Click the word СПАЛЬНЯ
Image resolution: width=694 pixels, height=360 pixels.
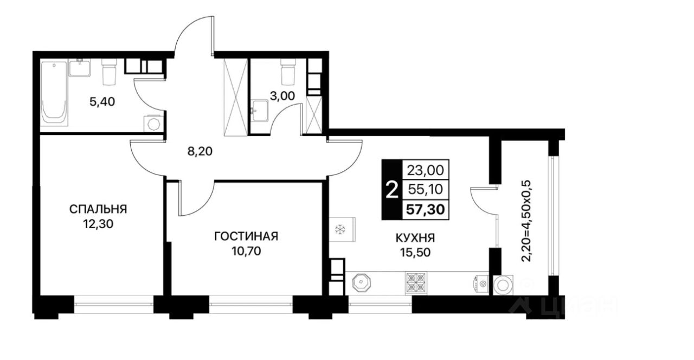tap(98, 209)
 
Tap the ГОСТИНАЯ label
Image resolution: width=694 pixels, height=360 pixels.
tap(246, 236)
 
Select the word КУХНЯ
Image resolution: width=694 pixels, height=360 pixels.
tap(415, 238)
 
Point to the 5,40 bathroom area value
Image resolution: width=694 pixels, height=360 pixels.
tap(102, 101)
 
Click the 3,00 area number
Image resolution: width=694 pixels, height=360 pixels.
tap(282, 96)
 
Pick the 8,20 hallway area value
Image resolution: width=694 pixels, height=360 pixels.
tap(200, 151)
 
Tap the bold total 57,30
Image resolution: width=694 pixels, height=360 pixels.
tap(426, 210)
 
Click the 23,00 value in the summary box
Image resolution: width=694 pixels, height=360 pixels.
tap(426, 170)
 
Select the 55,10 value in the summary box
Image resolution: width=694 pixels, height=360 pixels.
tap(426, 189)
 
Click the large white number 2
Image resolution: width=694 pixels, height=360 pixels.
tap(392, 190)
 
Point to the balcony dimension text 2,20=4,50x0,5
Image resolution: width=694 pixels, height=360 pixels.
tap(526, 221)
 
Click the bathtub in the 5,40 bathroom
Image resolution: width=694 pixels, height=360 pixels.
tap(54, 93)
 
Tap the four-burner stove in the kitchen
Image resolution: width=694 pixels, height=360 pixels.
tap(416, 283)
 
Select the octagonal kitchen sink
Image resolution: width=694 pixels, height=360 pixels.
tap(361, 282)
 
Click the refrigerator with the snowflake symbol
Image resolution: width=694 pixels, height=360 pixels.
tap(342, 229)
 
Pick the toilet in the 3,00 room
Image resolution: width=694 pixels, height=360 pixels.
tap(288, 72)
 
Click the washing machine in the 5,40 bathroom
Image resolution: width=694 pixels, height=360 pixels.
tap(153, 124)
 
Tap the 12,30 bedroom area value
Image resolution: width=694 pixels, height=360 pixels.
tap(98, 224)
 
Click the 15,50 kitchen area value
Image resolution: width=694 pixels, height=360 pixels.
tap(415, 253)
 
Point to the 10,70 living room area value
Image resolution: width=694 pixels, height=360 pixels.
tap(246, 251)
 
